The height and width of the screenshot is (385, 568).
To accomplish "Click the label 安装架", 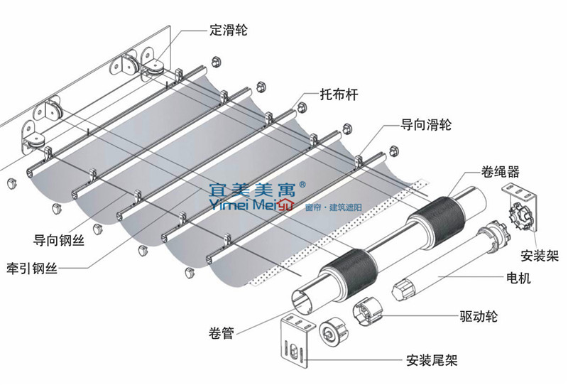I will (539, 255).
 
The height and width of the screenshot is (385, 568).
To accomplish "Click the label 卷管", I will (222, 332).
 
